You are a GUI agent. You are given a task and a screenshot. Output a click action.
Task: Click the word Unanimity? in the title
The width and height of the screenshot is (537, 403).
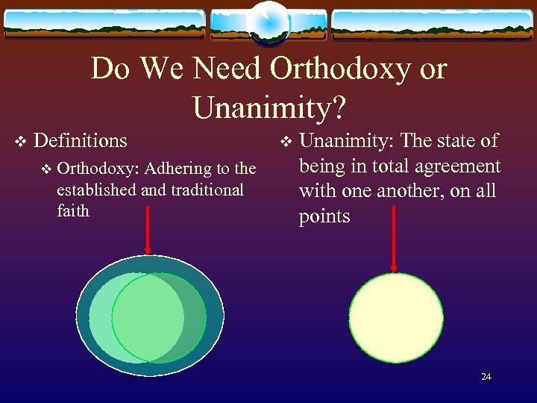point(268,107)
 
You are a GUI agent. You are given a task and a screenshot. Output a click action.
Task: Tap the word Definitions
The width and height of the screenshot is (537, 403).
point(81,140)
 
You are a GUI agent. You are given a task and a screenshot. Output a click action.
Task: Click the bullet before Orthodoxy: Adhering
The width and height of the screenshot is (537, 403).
point(47,169)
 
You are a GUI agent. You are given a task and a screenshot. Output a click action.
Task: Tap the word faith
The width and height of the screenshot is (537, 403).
point(72,210)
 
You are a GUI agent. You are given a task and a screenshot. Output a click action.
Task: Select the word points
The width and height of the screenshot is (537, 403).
point(324,216)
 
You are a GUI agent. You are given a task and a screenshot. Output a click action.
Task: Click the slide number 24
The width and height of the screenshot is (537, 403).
point(486,377)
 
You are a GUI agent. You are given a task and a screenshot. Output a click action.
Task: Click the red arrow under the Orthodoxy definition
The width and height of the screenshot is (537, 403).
point(148,230)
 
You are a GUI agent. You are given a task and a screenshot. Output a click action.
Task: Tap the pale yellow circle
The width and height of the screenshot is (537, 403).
point(396,317)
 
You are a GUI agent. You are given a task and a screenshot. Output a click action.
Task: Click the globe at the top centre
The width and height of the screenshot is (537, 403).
point(268,22)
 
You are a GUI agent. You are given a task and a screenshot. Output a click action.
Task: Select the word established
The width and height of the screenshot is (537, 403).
point(96,190)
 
